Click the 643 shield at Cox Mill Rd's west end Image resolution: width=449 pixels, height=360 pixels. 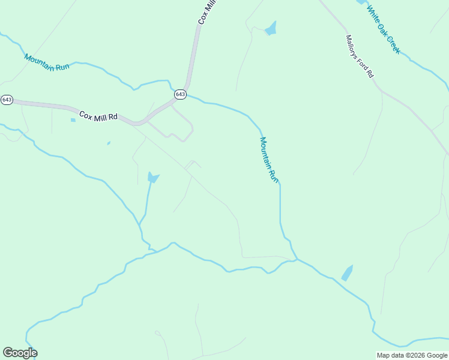7,100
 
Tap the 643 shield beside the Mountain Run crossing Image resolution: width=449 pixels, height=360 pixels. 181,95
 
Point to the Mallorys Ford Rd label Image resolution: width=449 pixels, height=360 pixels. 359,56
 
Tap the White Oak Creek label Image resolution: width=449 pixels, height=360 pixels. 383,29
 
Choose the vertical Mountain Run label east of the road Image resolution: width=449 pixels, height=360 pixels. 269,160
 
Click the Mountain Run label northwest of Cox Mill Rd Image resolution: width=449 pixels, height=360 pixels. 47,62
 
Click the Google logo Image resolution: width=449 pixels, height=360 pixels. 20,353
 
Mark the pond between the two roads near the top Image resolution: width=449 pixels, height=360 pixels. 271,28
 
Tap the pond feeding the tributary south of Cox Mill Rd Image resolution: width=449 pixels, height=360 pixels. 152,178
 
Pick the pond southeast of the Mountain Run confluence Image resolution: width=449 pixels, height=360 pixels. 348,273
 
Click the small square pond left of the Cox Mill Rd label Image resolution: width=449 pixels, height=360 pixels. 73,120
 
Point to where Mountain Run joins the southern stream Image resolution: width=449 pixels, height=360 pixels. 297,259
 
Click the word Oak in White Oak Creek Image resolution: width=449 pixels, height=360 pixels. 382,28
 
